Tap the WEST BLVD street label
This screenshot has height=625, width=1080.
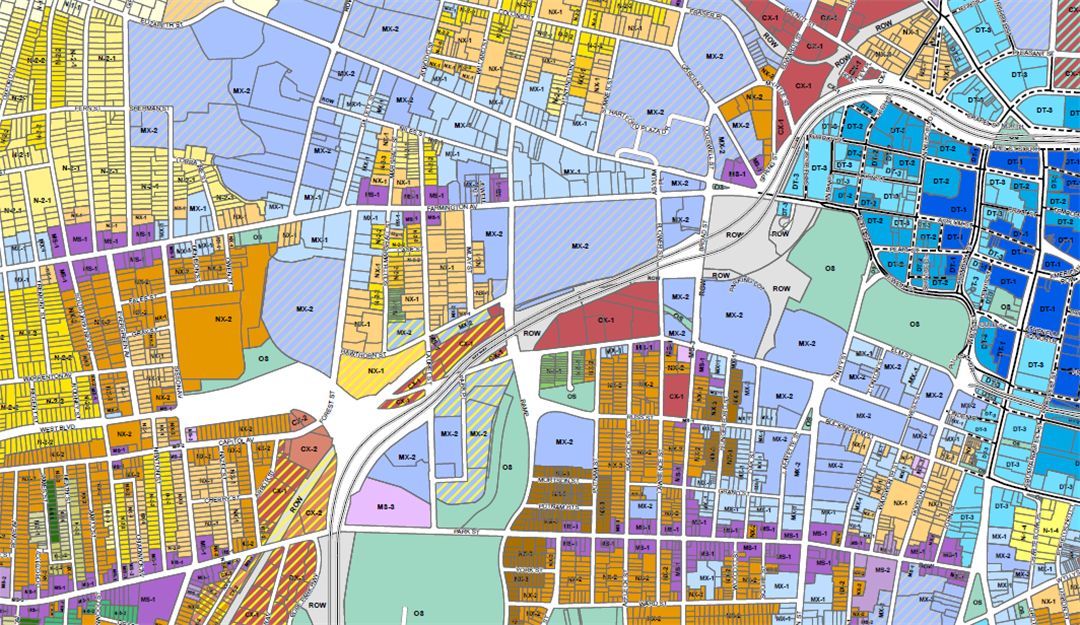pyautogui.click(x=59, y=427)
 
